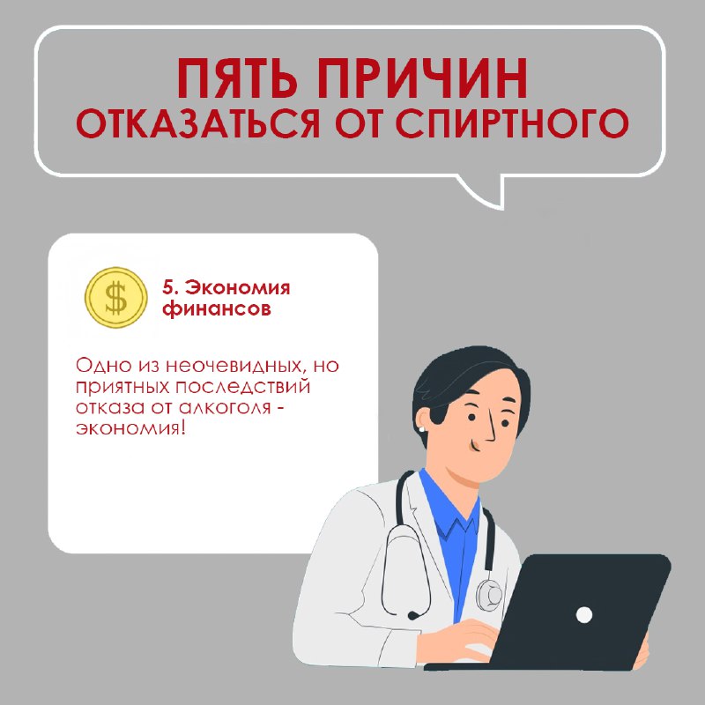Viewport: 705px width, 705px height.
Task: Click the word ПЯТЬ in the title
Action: tap(237, 78)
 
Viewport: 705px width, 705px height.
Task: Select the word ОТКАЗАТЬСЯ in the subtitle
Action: tap(197, 123)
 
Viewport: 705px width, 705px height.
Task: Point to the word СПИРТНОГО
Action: tap(512, 123)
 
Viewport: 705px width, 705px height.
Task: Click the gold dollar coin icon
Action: tap(116, 297)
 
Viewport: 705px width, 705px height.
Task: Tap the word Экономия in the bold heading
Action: tap(237, 288)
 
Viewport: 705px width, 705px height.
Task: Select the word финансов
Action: tap(217, 309)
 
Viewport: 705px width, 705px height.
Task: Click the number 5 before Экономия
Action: tap(168, 288)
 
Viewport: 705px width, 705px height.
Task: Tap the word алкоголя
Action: tap(225, 408)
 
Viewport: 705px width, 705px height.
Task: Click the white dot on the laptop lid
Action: tap(583, 614)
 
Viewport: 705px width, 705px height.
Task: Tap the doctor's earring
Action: tap(422, 429)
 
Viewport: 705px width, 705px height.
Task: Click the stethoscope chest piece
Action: tap(489, 594)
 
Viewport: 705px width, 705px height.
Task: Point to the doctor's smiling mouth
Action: tap(473, 446)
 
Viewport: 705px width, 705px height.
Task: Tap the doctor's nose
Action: tap(490, 429)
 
